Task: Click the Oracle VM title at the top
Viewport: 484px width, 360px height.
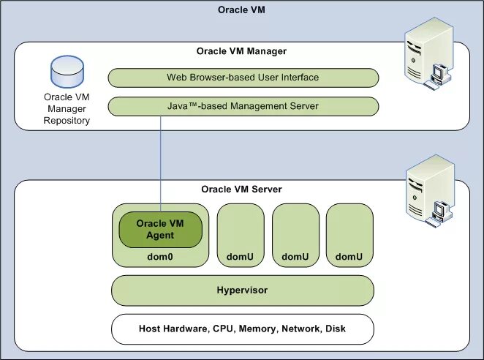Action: (x=241, y=10)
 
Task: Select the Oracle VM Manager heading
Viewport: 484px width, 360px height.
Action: (x=241, y=51)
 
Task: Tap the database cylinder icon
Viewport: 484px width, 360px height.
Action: (x=67, y=72)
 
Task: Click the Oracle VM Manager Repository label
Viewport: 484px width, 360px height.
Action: (x=67, y=109)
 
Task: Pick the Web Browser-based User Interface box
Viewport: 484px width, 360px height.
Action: (x=243, y=78)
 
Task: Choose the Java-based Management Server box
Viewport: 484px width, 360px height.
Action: (x=243, y=107)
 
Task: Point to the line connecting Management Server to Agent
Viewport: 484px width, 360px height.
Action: (x=161, y=164)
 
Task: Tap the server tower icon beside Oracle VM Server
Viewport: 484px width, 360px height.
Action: (x=430, y=191)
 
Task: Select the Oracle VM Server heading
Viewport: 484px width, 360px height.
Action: (x=241, y=189)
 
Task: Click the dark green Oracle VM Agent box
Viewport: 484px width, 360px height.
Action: (x=161, y=230)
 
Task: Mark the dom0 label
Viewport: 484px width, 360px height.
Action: (x=160, y=257)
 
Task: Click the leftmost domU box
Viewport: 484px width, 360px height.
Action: (x=241, y=235)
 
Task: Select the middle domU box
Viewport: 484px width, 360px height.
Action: (x=295, y=235)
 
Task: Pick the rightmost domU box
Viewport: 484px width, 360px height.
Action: (x=349, y=235)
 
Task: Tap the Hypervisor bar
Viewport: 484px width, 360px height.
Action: (x=243, y=290)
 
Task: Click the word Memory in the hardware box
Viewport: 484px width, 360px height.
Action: (x=258, y=329)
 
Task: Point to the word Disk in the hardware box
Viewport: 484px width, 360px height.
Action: (x=336, y=329)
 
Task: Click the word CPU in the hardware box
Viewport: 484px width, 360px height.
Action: (x=224, y=329)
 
